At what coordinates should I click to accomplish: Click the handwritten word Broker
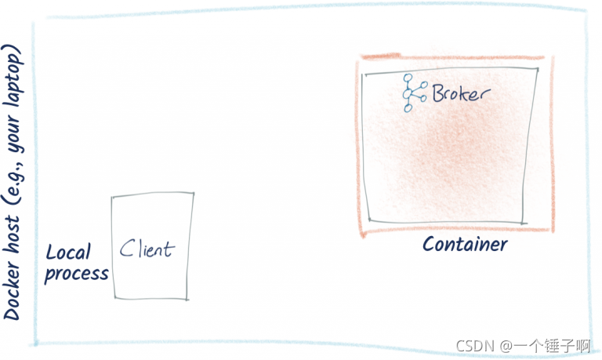click(461, 94)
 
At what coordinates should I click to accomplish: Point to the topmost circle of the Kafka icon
click(408, 78)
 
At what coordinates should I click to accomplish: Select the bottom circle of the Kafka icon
click(408, 108)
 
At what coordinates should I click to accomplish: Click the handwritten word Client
click(147, 249)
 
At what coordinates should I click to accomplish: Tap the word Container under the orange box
click(465, 244)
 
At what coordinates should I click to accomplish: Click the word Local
click(68, 253)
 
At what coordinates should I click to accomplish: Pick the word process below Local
click(76, 274)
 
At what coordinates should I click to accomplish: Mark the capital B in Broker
click(437, 94)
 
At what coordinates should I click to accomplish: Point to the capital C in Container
click(429, 244)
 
